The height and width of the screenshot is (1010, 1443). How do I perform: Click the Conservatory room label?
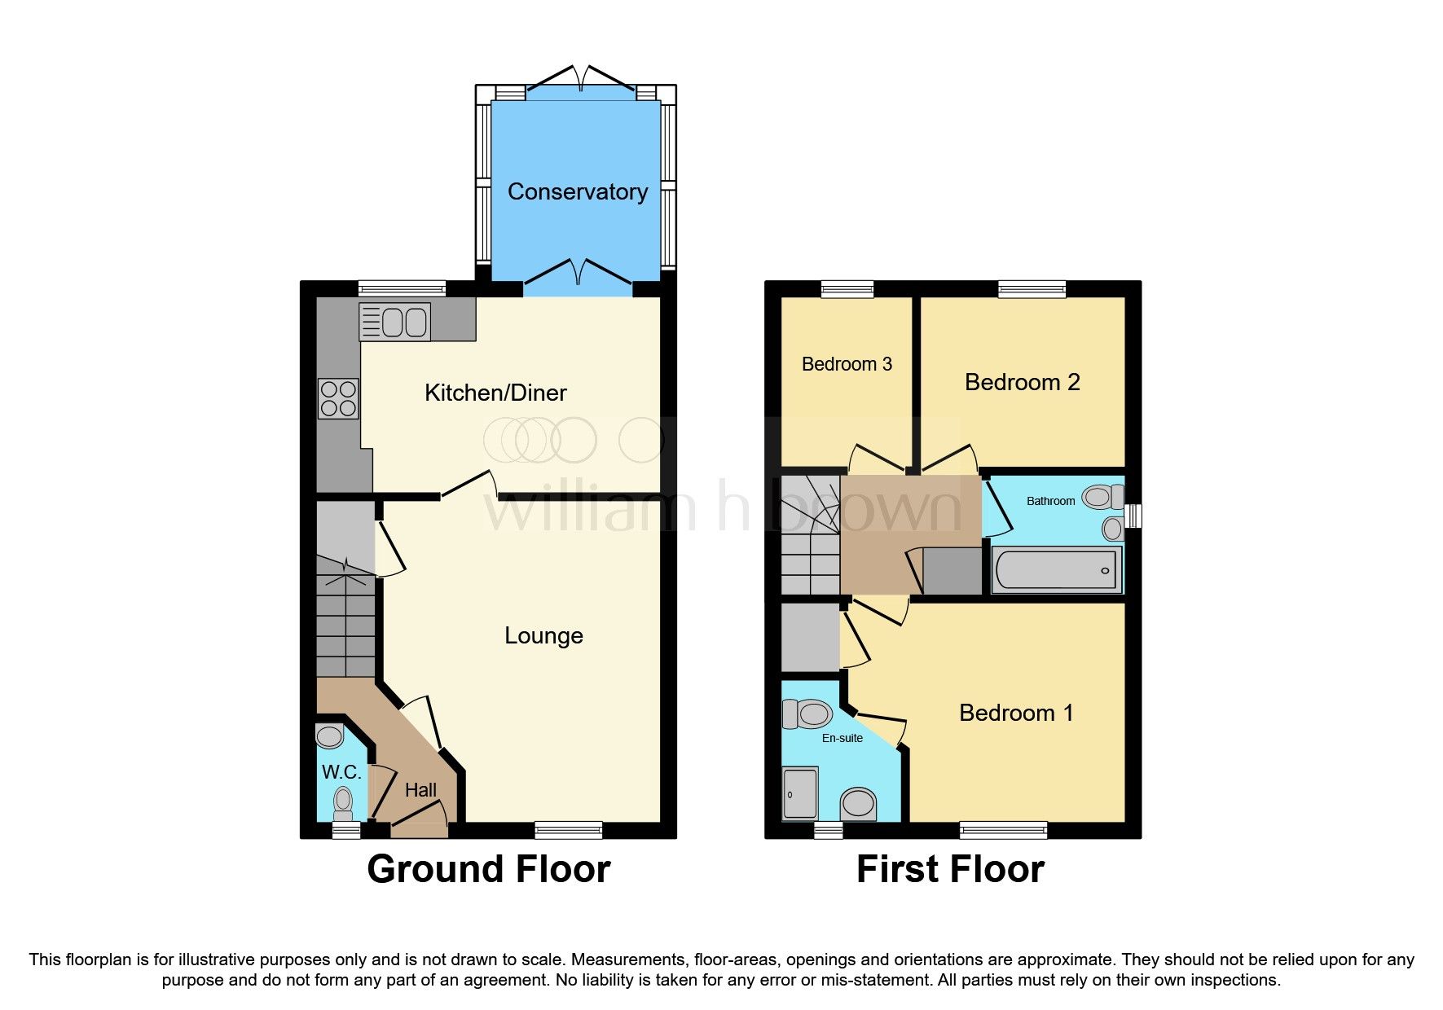tap(578, 192)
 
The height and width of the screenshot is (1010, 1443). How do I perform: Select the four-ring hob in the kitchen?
tap(338, 399)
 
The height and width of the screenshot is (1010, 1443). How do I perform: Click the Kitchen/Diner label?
tap(495, 393)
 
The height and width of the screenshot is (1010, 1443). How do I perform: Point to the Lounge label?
tap(543, 635)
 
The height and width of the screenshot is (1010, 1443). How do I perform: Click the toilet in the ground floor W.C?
tap(343, 802)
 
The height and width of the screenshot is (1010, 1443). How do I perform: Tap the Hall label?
tap(420, 790)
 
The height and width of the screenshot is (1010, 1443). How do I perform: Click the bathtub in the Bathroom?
tap(1056, 569)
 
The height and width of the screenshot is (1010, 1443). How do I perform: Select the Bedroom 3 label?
tap(847, 364)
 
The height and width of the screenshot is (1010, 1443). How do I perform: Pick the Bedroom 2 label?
tap(1022, 382)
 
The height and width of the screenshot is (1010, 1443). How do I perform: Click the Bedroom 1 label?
tap(1016, 713)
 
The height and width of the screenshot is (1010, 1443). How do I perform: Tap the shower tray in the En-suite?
tap(800, 793)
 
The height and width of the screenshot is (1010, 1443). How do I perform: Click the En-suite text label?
tap(842, 738)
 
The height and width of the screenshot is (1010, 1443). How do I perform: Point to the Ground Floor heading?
tap(488, 869)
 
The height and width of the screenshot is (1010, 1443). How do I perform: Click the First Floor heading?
tap(950, 869)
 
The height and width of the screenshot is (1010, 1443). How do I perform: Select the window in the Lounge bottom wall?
tap(568, 830)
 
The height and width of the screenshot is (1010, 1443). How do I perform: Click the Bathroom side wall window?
tap(1133, 516)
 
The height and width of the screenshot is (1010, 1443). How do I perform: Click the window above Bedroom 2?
tap(1032, 288)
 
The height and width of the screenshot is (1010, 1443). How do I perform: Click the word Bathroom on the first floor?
tap(1050, 501)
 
